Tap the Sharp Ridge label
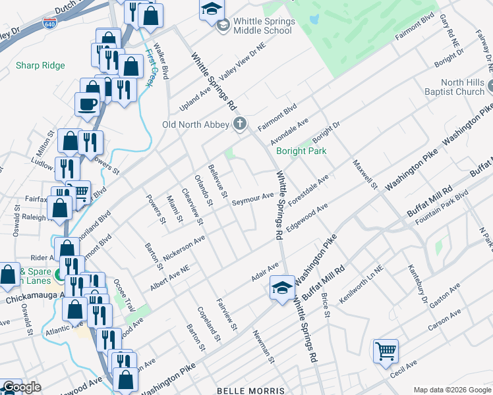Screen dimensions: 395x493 [x=40, y=65]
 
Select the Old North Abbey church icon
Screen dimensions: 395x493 [x=240, y=124]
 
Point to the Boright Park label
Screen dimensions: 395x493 [x=301, y=151]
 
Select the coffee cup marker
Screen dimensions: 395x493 [x=87, y=105]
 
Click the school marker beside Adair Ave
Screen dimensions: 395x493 [x=282, y=288]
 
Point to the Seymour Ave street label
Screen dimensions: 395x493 [x=252, y=197]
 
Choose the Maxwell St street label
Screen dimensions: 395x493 [x=364, y=175]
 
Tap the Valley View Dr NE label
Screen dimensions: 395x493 [x=241, y=65]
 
